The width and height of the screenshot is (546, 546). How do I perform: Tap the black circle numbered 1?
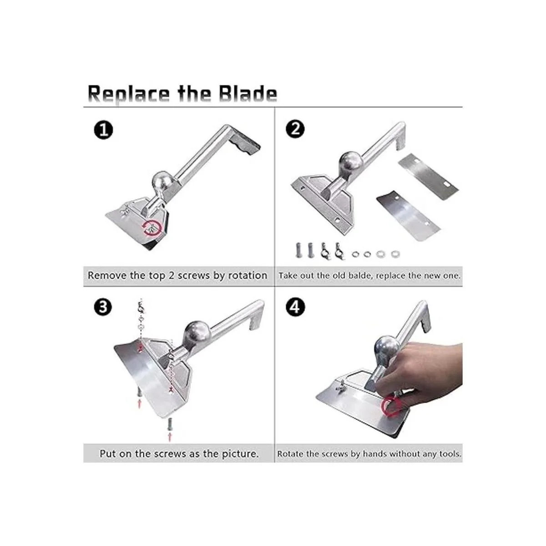[103, 130]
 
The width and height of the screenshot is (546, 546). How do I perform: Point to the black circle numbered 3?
[103, 307]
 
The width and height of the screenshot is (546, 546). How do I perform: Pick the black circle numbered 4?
[295, 307]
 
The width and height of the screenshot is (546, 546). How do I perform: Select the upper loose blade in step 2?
[428, 172]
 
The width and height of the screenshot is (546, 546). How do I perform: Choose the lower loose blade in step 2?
[408, 215]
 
